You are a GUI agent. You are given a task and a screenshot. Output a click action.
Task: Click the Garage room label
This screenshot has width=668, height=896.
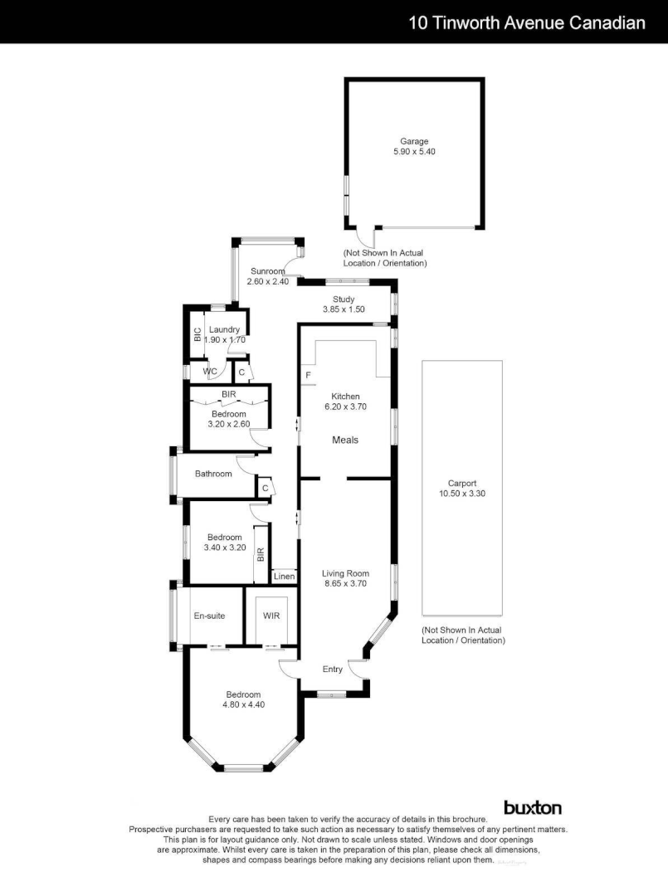414,141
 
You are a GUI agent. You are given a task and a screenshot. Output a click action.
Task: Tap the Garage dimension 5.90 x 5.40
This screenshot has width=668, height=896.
414,152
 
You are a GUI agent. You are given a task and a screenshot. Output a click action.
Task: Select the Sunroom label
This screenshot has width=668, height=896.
267,271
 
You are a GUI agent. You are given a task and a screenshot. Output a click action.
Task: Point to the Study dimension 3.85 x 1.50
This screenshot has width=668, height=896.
344,309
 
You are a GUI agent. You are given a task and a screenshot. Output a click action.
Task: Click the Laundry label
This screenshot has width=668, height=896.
224,329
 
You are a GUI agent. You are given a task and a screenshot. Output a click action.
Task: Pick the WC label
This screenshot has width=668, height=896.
210,372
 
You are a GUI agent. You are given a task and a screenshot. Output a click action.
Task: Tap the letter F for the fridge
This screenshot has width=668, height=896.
308,376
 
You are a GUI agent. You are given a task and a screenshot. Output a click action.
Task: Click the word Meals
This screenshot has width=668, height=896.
345,440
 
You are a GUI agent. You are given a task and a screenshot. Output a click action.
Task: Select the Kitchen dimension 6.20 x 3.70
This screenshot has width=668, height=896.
345,407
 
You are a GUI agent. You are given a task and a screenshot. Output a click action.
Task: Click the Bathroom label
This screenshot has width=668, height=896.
213,474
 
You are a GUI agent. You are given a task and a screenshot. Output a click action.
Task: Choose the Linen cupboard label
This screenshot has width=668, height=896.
284,576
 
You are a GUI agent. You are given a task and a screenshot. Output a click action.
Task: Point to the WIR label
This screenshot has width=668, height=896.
271,616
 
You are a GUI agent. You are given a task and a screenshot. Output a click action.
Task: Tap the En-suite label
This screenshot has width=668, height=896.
209,616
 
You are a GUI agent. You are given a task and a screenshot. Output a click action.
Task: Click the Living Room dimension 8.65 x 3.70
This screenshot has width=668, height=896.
345,583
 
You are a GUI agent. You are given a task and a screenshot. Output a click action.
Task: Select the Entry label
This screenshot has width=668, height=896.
333,670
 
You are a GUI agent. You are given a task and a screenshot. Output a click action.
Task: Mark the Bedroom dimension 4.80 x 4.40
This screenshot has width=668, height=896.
243,704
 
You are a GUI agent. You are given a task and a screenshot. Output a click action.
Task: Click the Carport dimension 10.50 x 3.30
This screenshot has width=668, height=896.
461,493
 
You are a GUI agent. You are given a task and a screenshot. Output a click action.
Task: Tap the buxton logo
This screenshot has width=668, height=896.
533,807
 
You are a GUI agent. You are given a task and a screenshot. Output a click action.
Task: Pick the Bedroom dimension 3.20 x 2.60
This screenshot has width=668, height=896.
229,424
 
